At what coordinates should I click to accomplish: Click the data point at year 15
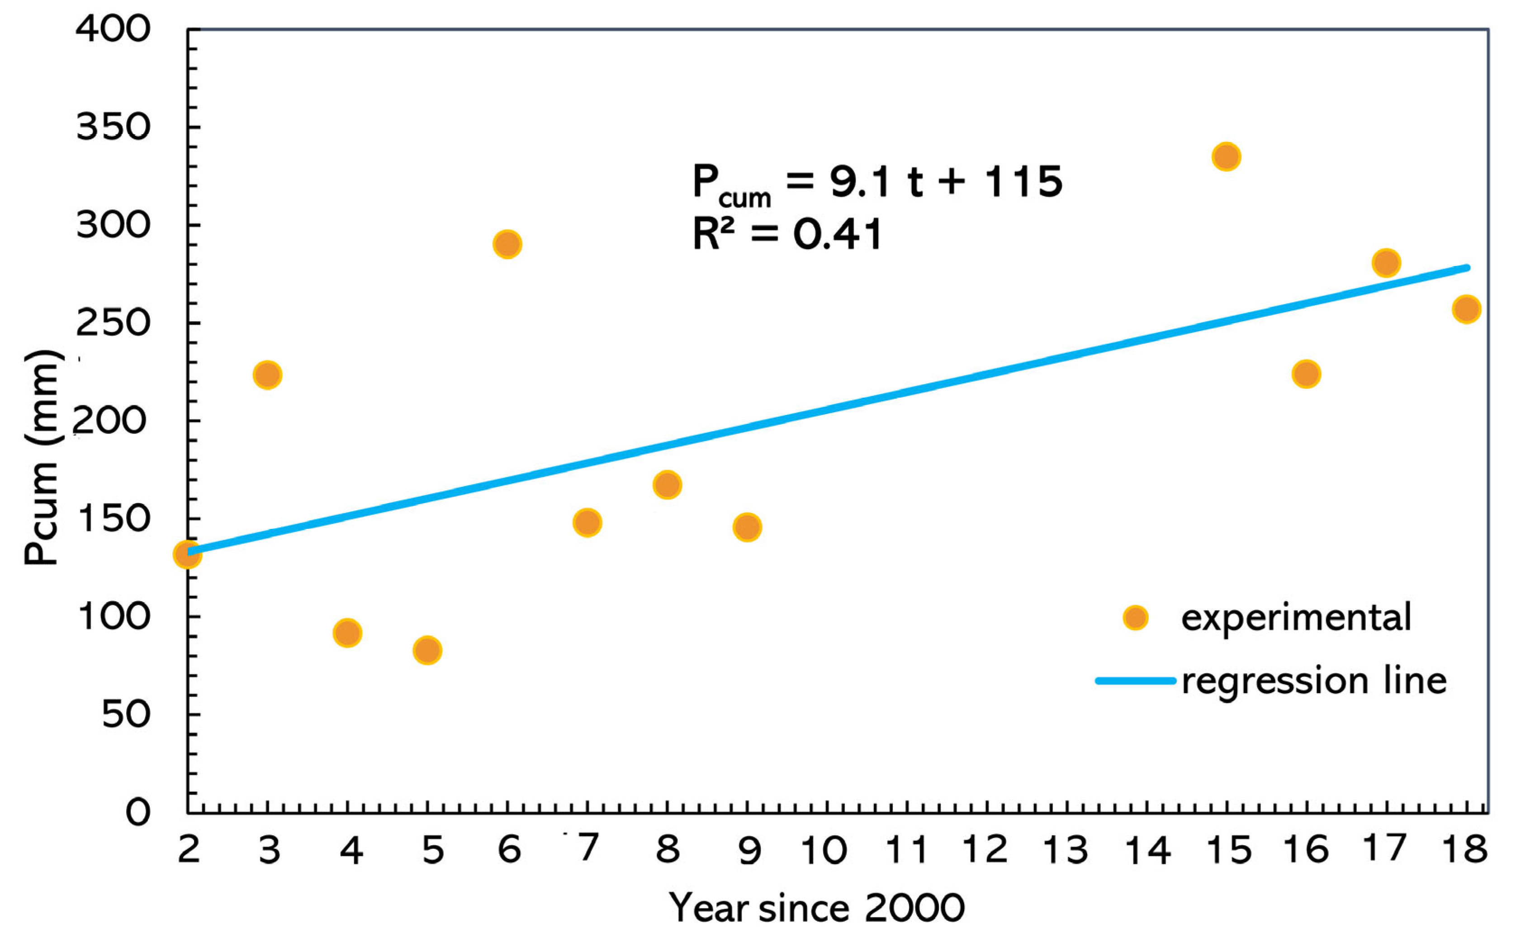(1226, 157)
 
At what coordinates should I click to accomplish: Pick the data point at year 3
(268, 375)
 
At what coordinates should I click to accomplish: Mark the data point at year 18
(1466, 309)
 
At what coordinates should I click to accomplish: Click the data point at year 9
(747, 527)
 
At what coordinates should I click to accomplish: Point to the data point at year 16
(1306, 374)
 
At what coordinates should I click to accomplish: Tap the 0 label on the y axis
(138, 813)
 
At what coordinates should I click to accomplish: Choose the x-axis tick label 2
(189, 849)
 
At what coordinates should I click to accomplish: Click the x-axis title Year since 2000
(817, 908)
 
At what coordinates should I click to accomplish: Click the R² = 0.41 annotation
(787, 234)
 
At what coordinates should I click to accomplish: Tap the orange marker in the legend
(1135, 618)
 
